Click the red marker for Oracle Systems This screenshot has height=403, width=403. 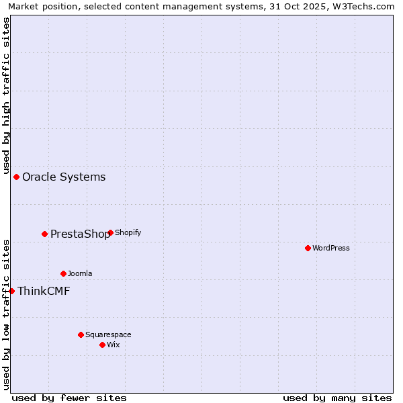coord(17,177)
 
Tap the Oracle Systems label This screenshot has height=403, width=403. coord(64,177)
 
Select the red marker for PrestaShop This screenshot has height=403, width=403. coord(45,234)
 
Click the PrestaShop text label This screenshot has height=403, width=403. coord(80,234)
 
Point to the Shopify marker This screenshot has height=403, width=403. coord(110,233)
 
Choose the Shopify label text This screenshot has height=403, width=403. coord(128,233)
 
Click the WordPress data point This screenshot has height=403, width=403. coord(308,249)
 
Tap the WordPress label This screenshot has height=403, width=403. coord(330,249)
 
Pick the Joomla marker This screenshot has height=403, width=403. coord(64,274)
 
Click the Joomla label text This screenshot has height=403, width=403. coord(80,274)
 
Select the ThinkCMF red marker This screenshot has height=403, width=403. coord(12,292)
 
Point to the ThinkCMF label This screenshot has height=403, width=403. coord(44,292)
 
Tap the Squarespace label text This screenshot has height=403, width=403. coord(108,335)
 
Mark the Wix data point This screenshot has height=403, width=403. coord(102,345)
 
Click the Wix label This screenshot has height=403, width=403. coord(114,345)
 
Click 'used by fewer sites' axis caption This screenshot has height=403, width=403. coord(69,398)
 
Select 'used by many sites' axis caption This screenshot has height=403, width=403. coord(337,398)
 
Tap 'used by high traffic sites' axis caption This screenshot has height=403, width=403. coord(6,94)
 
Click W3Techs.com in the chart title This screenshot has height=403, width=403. coord(367,6)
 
